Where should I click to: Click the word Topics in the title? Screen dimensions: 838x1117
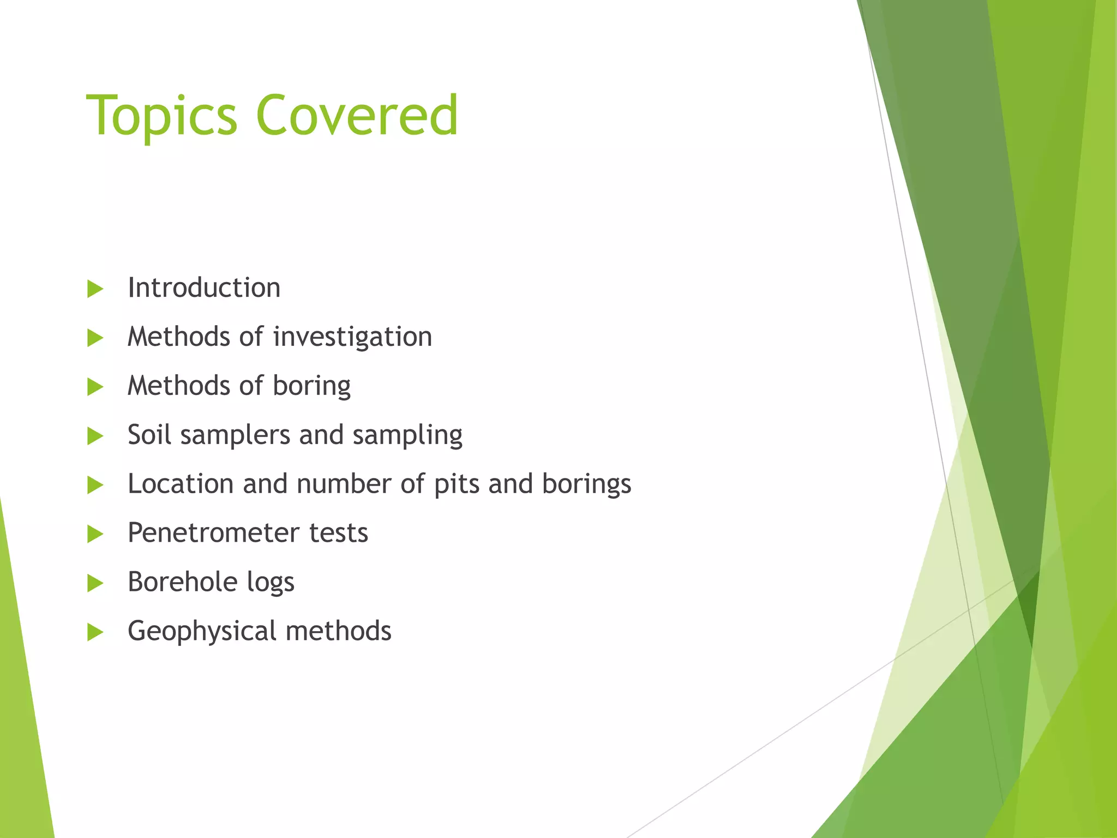pyautogui.click(x=162, y=116)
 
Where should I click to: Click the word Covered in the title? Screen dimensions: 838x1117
pyautogui.click(x=357, y=116)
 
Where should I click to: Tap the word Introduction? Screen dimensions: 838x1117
pyautogui.click(x=204, y=288)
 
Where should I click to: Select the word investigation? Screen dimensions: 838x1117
pyautogui.click(x=352, y=337)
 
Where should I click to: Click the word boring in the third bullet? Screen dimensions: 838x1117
pyautogui.click(x=311, y=386)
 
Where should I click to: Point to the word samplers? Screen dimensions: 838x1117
pyautogui.click(x=235, y=435)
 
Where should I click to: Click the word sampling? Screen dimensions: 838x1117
pyautogui.click(x=407, y=435)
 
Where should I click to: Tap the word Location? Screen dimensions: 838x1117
pyautogui.click(x=181, y=484)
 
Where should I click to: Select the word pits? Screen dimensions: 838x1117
pyautogui.click(x=457, y=484)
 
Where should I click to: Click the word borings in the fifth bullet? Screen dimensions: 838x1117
pyautogui.click(x=586, y=484)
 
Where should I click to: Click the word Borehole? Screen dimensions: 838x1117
pyautogui.click(x=183, y=582)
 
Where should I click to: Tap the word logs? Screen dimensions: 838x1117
pyautogui.click(x=271, y=582)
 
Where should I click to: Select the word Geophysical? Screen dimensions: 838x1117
pyautogui.click(x=202, y=631)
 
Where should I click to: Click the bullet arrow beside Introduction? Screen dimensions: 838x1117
pyautogui.click(x=95, y=289)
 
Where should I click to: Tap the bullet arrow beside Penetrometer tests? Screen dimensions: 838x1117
pyautogui.click(x=95, y=534)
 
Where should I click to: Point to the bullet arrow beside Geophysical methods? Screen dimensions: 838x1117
pyautogui.click(x=95, y=632)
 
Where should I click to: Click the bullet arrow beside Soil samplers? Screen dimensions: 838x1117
pyautogui.click(x=95, y=436)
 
